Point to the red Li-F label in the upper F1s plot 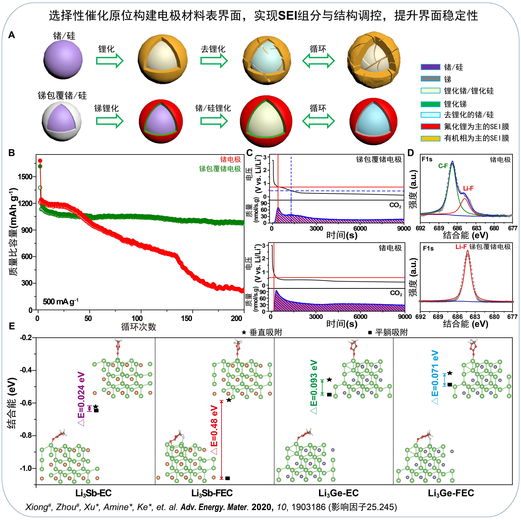[468, 188]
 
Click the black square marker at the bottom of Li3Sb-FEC [228, 478]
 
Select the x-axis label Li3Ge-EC [338, 493]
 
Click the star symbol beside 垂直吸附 [244, 332]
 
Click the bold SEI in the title [290, 16]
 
